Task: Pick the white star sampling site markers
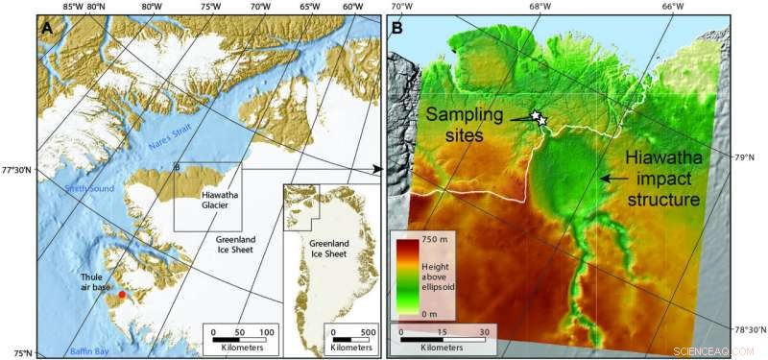[x=539, y=118]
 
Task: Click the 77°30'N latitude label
[x=16, y=170]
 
